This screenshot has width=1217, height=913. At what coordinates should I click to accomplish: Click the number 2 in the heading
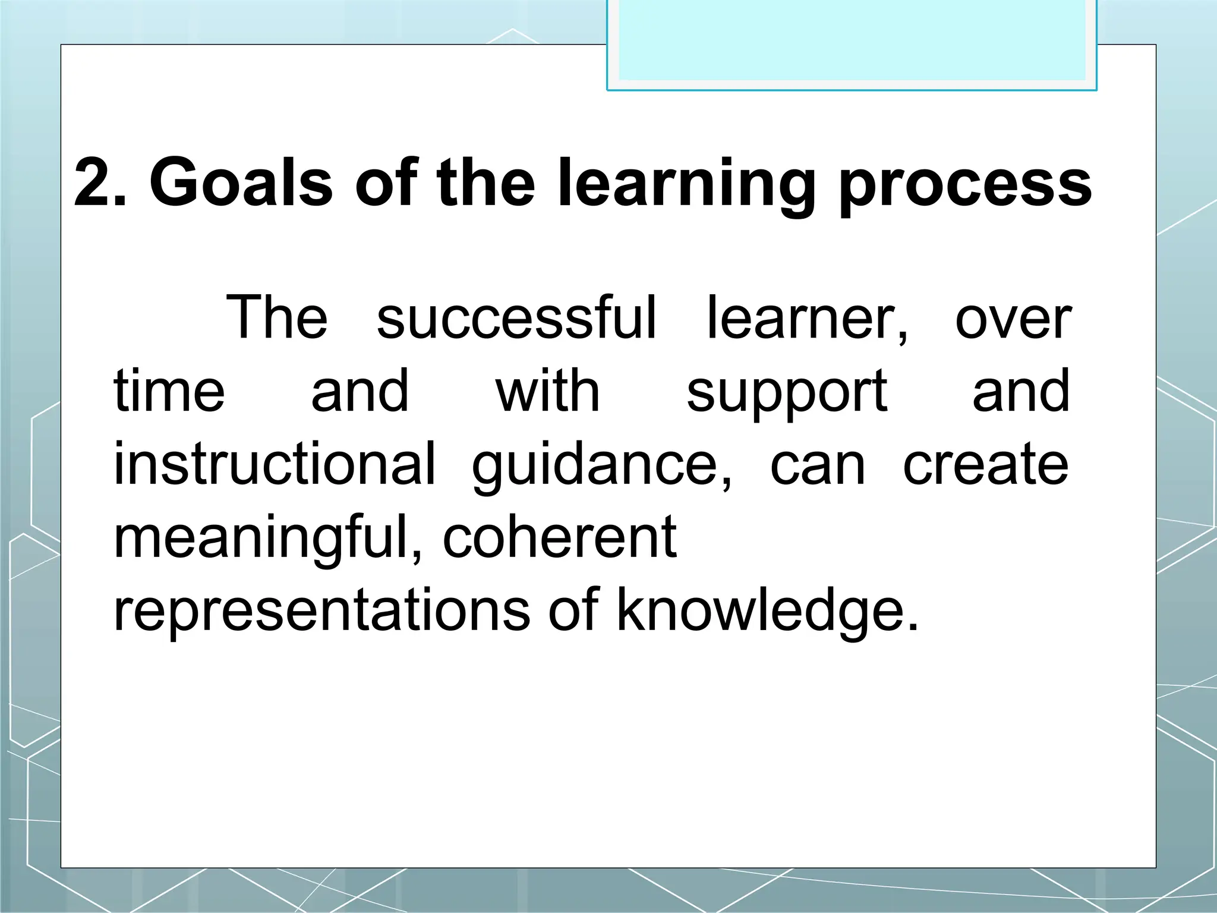click(x=95, y=183)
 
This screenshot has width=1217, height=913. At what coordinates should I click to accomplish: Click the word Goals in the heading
click(x=241, y=183)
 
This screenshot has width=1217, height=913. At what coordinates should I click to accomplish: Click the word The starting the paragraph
click(x=276, y=318)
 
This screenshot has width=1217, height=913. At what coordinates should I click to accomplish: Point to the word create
click(x=986, y=465)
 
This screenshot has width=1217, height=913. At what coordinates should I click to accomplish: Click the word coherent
click(x=560, y=537)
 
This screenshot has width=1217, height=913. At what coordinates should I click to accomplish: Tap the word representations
click(x=321, y=611)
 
